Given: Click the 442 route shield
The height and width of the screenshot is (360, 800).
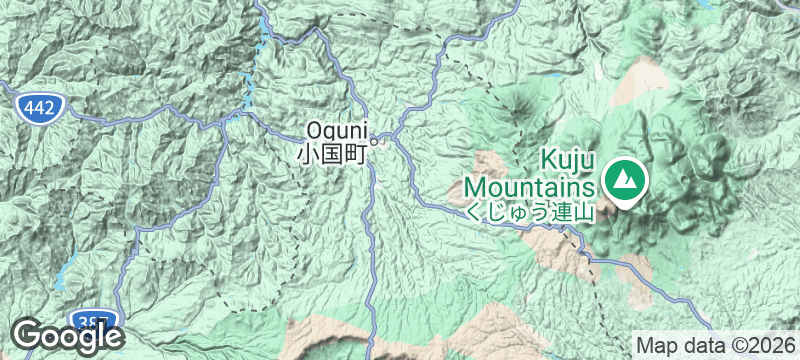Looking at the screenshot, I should (40, 109).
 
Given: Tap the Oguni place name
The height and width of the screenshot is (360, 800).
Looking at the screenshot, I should (338, 130).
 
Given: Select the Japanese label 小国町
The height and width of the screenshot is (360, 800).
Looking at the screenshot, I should (334, 154).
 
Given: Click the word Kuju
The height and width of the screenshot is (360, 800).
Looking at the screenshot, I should (568, 160).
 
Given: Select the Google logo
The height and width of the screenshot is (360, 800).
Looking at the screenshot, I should (67, 335).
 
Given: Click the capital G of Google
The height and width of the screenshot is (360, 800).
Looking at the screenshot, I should (27, 334).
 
